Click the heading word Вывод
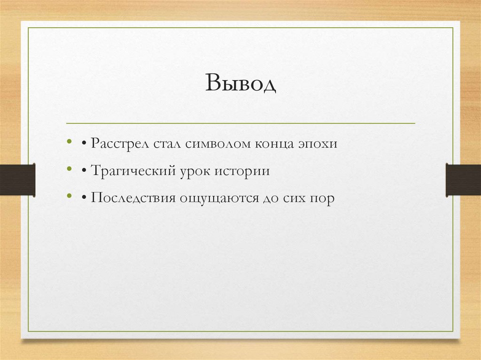click(240, 84)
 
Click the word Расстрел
click(120, 144)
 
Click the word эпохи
click(317, 145)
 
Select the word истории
click(242, 171)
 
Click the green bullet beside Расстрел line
click(70, 141)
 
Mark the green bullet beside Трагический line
click(70, 169)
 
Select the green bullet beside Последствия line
click(70, 196)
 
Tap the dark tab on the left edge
click(17, 179)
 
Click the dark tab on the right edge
click(463, 179)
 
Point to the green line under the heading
click(240, 123)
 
